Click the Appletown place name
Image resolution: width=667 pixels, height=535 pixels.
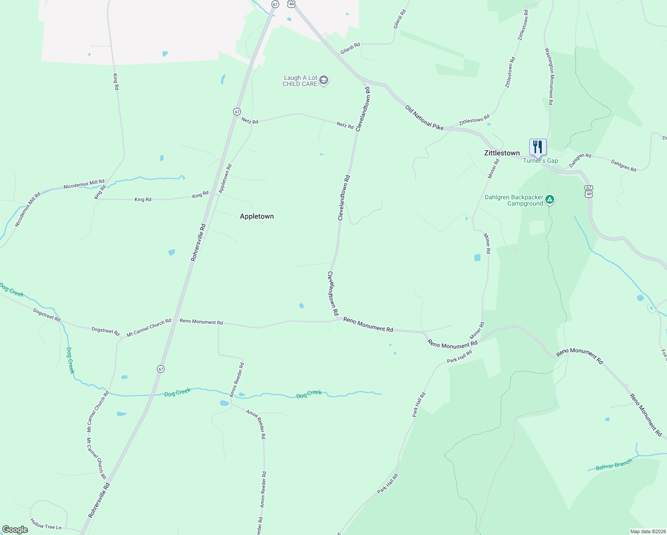point(257,216)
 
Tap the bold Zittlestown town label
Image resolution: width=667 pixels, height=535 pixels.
point(502,153)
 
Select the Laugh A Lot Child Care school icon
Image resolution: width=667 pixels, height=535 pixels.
point(324,81)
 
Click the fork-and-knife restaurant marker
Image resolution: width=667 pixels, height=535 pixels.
point(538,147)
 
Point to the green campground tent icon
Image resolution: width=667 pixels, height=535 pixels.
point(550,200)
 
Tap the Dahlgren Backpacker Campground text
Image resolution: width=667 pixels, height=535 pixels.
point(514,200)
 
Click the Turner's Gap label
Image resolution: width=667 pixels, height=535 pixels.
point(540,161)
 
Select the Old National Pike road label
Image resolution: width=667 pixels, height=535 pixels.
point(424,118)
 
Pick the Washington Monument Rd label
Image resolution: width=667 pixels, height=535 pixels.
point(549,77)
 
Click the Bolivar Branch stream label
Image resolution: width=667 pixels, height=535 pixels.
point(614,465)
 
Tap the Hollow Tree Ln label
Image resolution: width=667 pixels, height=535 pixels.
point(45,524)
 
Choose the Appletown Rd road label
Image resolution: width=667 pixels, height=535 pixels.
point(225,179)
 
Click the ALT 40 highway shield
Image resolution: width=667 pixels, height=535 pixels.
point(589,191)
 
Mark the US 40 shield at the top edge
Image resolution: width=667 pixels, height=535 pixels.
point(291,4)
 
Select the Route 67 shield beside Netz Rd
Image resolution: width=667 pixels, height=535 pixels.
point(237,111)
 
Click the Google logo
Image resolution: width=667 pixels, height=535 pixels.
point(15,530)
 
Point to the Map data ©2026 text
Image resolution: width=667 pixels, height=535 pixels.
point(647,531)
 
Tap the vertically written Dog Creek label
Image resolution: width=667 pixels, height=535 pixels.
point(70,360)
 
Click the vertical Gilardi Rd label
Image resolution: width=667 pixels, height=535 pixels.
point(399,20)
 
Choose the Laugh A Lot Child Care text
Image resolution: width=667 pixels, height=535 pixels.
point(300,81)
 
